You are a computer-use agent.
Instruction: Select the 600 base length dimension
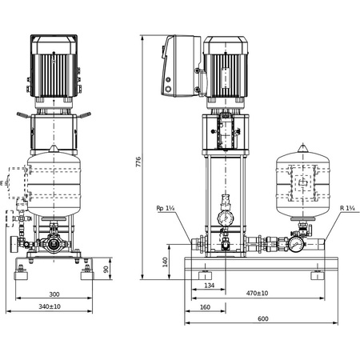(x=263, y=318)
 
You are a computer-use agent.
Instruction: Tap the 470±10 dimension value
(x=257, y=294)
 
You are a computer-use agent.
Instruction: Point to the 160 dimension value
(x=204, y=306)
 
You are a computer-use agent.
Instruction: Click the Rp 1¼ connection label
(x=167, y=209)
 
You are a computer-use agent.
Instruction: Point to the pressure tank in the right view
(x=303, y=182)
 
